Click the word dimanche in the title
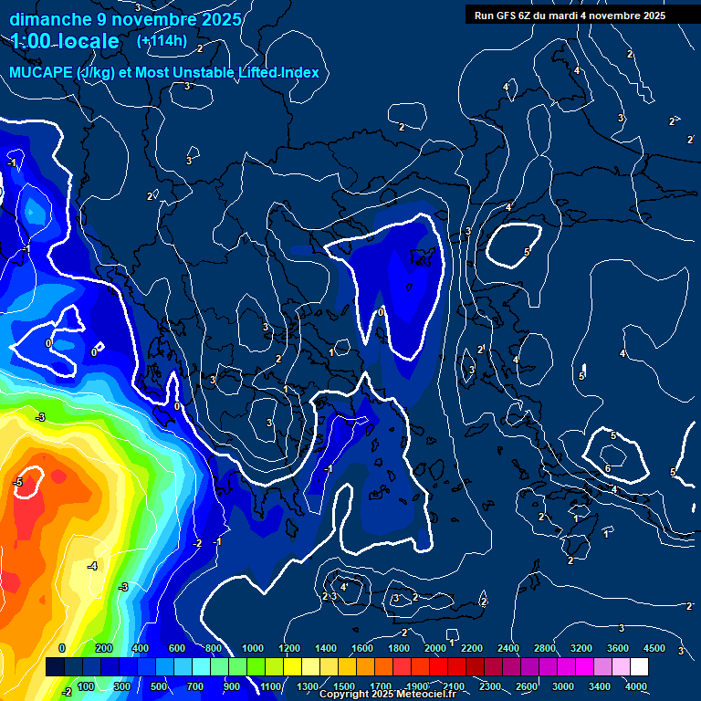click(x=42, y=19)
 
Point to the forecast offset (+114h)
click(x=162, y=41)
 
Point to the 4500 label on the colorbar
click(x=654, y=649)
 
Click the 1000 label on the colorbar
click(x=253, y=649)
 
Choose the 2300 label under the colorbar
click(x=491, y=686)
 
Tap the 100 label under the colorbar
click(x=86, y=686)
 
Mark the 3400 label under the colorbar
click(x=601, y=686)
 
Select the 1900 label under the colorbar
click(x=418, y=686)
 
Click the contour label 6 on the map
click(x=608, y=468)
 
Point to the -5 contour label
click(x=17, y=481)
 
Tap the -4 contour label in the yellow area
click(x=92, y=566)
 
